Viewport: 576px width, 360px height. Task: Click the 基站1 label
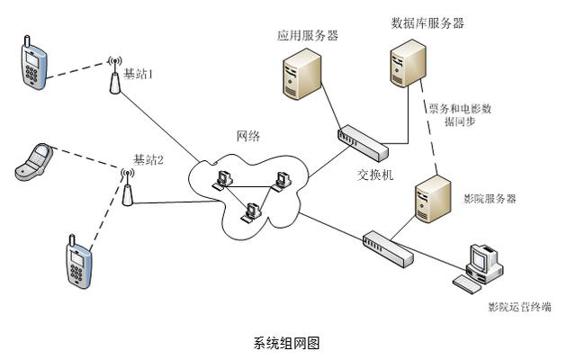click(138, 74)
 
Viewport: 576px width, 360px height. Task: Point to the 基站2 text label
click(148, 160)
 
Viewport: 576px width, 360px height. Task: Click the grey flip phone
click(34, 162)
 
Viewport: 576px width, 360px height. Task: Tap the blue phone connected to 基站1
click(33, 63)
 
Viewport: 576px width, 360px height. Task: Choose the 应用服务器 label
click(308, 36)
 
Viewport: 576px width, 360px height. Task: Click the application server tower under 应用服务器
click(302, 74)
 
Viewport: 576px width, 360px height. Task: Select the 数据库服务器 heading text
click(427, 23)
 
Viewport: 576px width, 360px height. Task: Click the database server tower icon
click(408, 63)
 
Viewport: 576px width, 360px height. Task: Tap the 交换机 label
click(375, 175)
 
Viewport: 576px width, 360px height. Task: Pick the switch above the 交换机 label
click(363, 142)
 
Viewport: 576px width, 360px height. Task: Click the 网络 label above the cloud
click(248, 136)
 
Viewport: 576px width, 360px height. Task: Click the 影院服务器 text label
click(490, 199)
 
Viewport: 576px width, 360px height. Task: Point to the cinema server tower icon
click(433, 199)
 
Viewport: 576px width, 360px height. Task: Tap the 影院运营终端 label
click(520, 307)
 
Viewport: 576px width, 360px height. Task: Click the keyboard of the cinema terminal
click(466, 284)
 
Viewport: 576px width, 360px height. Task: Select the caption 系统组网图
click(286, 343)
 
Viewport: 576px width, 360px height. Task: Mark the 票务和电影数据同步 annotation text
click(460, 114)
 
